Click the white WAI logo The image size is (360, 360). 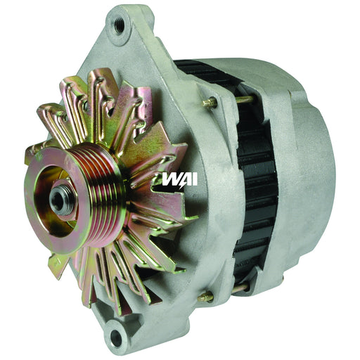[179, 179]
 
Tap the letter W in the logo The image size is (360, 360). [170, 179]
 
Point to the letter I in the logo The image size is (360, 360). [193, 179]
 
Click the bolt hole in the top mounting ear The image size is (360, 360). [119, 25]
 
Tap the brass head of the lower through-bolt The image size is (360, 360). [205, 296]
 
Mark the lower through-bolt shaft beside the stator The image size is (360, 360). [239, 288]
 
